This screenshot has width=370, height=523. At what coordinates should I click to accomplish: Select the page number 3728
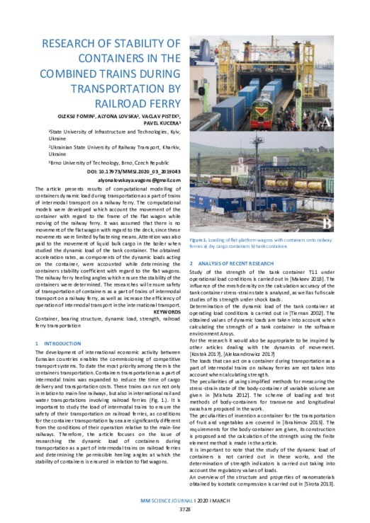pyautogui.click(x=184, y=507)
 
